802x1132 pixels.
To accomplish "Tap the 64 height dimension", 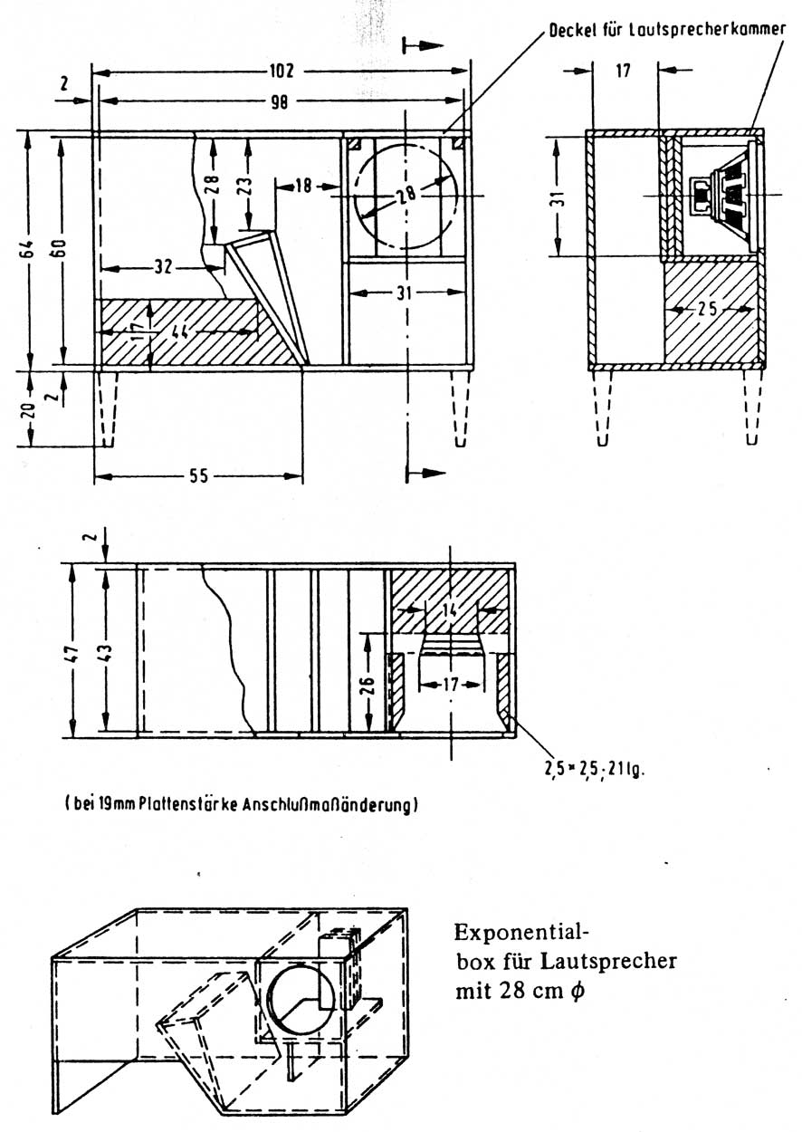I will [x=29, y=249].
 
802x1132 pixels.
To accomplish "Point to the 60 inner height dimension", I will [x=62, y=249].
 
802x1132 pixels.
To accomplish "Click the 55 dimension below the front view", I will [x=198, y=475].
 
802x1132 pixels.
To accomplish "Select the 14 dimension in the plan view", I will [x=450, y=609].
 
